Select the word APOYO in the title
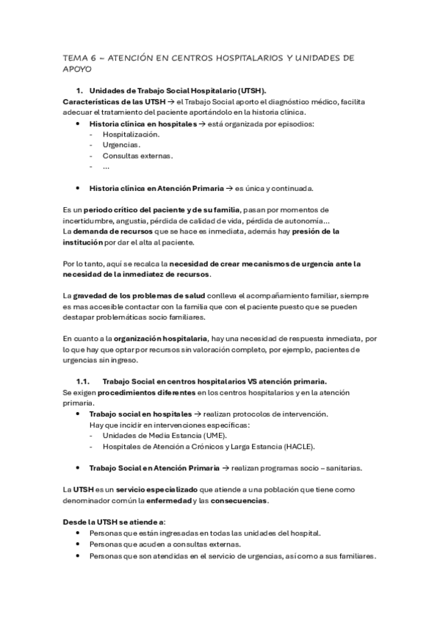point(78,70)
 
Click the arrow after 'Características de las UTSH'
point(169,101)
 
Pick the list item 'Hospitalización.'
point(131,134)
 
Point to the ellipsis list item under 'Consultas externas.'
point(107,167)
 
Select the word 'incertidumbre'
point(87,220)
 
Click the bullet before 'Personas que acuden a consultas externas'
point(78,544)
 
